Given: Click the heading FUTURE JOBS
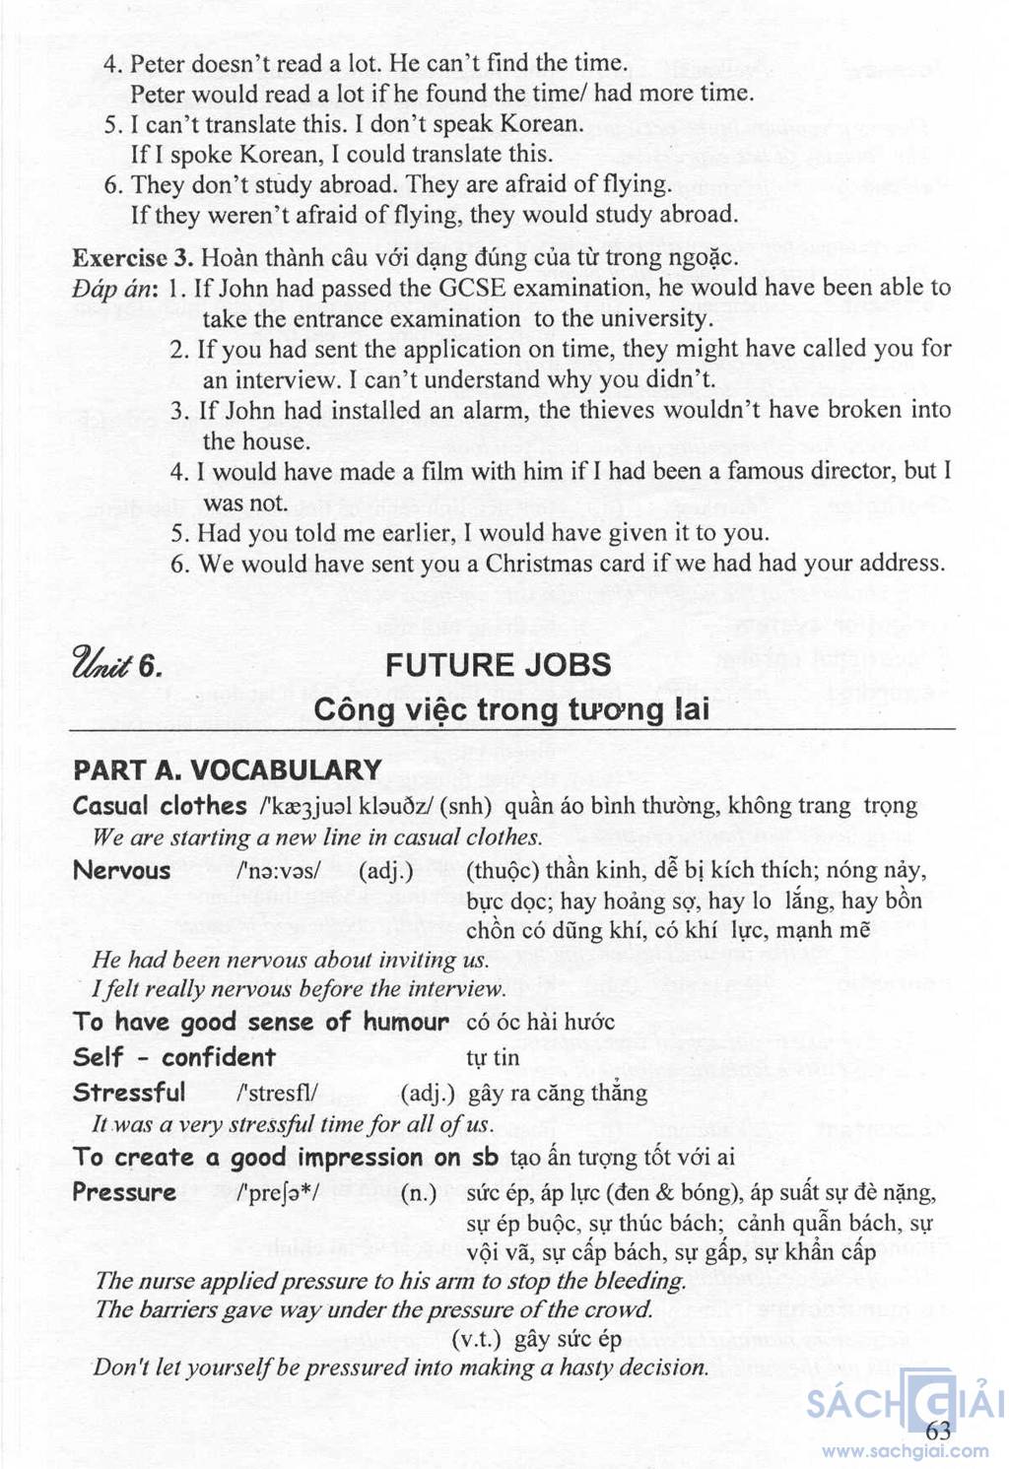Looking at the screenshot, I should tap(498, 665).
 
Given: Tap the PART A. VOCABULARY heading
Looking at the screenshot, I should tap(228, 770).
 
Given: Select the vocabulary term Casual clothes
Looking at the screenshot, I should tap(160, 806).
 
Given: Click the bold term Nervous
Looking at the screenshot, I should tap(122, 871).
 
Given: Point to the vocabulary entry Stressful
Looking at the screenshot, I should tap(129, 1093).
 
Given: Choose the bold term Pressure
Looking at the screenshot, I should tap(124, 1192).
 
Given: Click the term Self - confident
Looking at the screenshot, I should tap(174, 1058).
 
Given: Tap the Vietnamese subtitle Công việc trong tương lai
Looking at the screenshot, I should tap(511, 709).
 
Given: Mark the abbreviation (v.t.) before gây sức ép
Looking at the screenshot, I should tap(477, 1339).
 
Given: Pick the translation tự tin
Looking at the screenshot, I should tap(493, 1058).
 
